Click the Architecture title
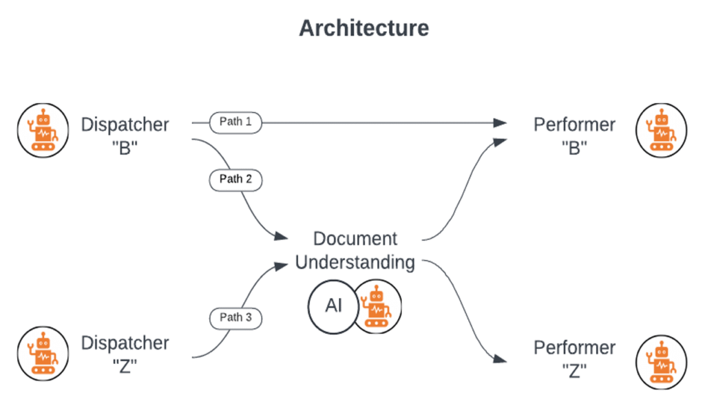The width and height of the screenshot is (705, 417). tap(363, 28)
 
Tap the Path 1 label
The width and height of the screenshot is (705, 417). tap(235, 122)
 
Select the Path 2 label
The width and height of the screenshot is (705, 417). tap(235, 179)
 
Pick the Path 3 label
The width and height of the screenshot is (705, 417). tap(235, 317)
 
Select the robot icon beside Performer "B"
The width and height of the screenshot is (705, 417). tap(660, 129)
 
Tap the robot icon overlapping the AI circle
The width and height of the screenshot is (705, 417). tap(377, 304)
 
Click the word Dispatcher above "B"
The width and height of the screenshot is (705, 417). tap(125, 125)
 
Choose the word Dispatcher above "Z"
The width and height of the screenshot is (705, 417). tap(125, 343)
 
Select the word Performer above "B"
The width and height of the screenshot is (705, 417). tap(575, 125)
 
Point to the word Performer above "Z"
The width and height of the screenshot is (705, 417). tap(575, 348)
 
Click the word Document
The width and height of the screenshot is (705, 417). tap(355, 239)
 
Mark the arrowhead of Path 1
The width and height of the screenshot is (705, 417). tap(501, 123)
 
